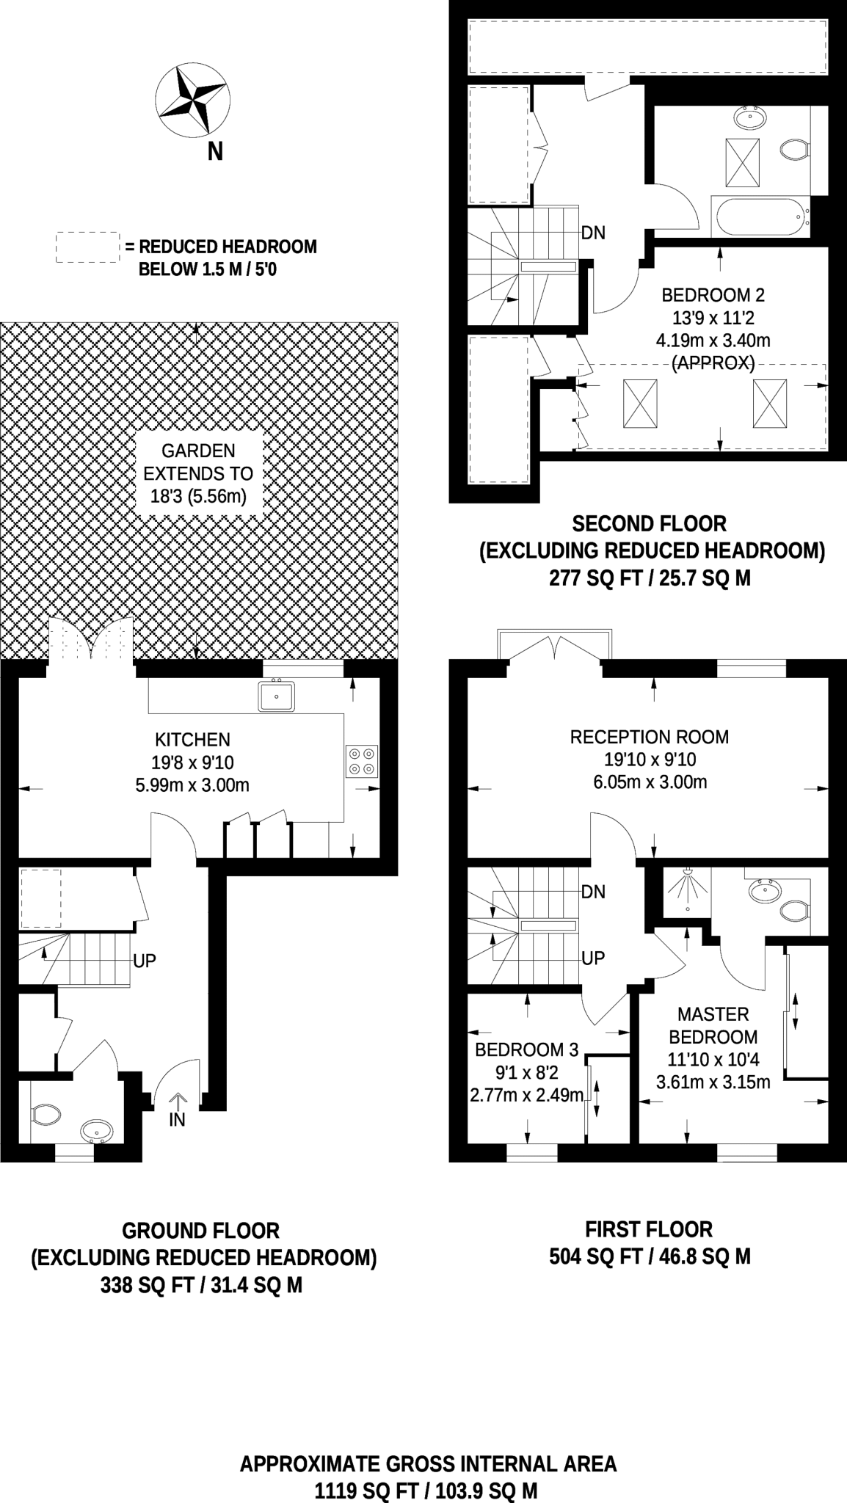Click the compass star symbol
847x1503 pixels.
(x=192, y=100)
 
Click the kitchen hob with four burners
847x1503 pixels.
(x=362, y=761)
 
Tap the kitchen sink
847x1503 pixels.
(x=276, y=696)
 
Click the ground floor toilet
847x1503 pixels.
(x=46, y=1116)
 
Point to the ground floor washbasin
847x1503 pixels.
(x=96, y=1131)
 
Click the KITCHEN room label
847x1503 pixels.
(x=192, y=740)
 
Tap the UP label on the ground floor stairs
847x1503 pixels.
(x=145, y=961)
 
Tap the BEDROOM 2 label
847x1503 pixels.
(x=713, y=295)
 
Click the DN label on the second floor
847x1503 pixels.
(x=593, y=233)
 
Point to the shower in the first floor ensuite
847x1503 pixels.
(x=687, y=889)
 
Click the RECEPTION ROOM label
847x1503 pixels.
(x=649, y=737)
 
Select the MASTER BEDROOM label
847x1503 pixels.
(x=713, y=1025)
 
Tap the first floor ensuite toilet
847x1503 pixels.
(x=794, y=911)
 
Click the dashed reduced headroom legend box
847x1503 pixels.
(x=87, y=247)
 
